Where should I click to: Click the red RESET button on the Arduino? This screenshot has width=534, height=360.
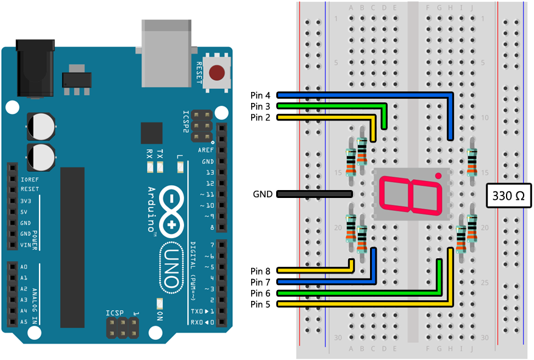point(216,74)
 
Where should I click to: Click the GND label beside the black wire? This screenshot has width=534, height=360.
point(263,194)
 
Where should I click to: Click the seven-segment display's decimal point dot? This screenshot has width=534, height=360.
point(438,176)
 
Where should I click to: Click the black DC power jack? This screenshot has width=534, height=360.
point(35,67)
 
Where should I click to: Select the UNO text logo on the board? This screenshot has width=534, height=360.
point(172,268)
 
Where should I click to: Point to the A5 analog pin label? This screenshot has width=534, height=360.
point(24,322)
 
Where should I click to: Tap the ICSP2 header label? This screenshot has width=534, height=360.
point(186,122)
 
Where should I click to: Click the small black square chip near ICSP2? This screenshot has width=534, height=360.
point(151,133)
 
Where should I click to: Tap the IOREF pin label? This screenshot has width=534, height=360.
point(29,180)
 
